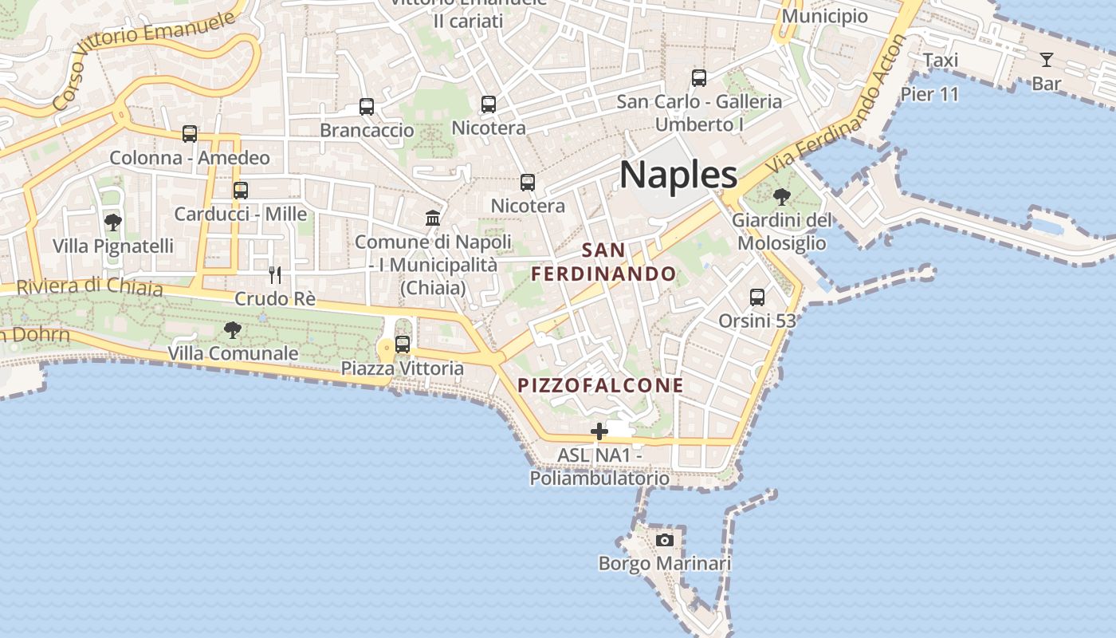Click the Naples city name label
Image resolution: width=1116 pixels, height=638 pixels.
click(x=678, y=174)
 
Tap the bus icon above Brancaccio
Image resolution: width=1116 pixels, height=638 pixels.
click(x=367, y=107)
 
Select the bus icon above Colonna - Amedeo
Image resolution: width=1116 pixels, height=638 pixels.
click(x=190, y=134)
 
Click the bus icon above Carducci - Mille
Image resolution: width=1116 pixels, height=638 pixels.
click(x=241, y=191)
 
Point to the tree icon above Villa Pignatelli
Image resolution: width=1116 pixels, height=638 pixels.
click(x=113, y=222)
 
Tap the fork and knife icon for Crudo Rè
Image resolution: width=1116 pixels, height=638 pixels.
click(x=275, y=275)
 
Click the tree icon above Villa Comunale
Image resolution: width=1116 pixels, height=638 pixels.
click(x=233, y=329)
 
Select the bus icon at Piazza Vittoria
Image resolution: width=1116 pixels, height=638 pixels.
click(x=403, y=345)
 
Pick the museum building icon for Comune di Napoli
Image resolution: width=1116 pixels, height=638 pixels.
click(x=433, y=218)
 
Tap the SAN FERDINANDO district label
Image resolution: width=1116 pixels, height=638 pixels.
click(x=604, y=262)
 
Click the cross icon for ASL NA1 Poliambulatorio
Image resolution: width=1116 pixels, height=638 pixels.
click(x=599, y=432)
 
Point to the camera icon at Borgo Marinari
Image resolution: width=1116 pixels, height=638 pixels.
click(x=664, y=540)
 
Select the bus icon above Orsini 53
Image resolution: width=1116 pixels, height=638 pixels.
click(x=757, y=297)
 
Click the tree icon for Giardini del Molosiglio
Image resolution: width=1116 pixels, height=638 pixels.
click(x=782, y=196)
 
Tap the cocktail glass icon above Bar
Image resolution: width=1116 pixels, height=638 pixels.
click(x=1046, y=60)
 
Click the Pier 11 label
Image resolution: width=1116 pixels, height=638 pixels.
click(x=929, y=94)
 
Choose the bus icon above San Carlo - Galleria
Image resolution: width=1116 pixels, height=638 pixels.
click(x=699, y=78)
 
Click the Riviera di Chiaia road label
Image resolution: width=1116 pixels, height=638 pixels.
click(x=89, y=286)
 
